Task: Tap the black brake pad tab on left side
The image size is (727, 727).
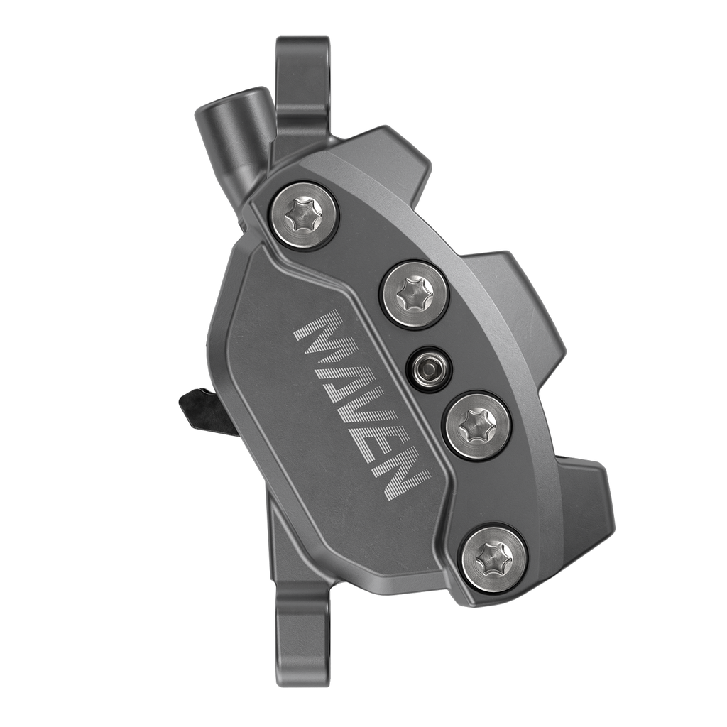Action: click(x=206, y=412)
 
